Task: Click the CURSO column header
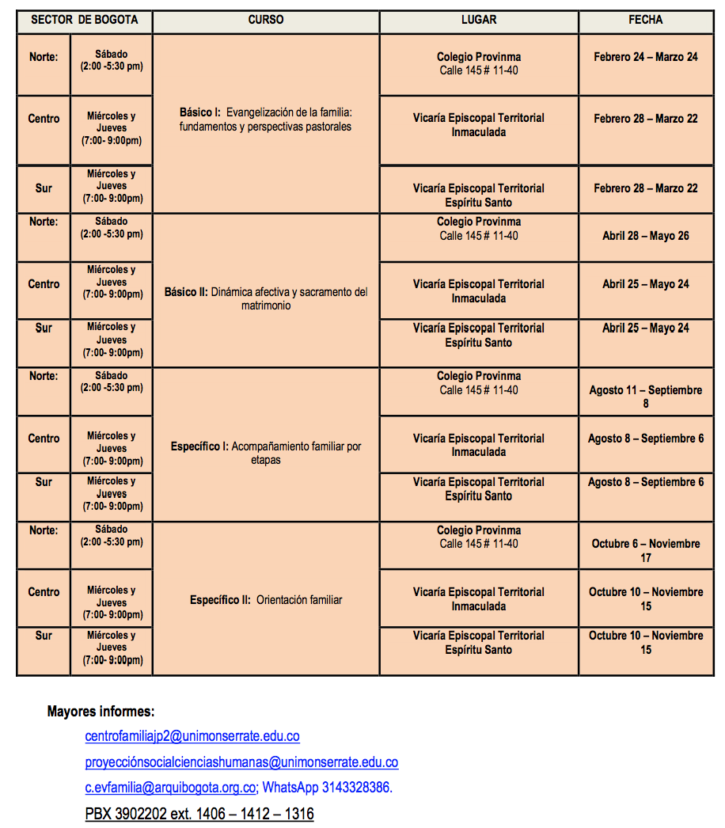265,20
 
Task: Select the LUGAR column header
478,20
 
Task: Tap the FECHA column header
645,20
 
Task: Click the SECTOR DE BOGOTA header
84,20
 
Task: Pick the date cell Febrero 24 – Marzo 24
645,57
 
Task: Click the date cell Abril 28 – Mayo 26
645,236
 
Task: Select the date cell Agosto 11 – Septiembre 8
645,397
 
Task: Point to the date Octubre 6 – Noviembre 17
645,550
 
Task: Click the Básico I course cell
265,120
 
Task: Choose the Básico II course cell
265,298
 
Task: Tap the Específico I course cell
265,453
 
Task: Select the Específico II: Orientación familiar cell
265,600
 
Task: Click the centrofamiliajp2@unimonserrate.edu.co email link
192,736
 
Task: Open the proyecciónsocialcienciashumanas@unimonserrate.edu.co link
241,762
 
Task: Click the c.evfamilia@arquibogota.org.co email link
170,788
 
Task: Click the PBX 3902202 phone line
199,814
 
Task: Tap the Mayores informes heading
101,711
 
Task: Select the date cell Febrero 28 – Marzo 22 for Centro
645,119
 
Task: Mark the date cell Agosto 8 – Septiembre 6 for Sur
645,482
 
